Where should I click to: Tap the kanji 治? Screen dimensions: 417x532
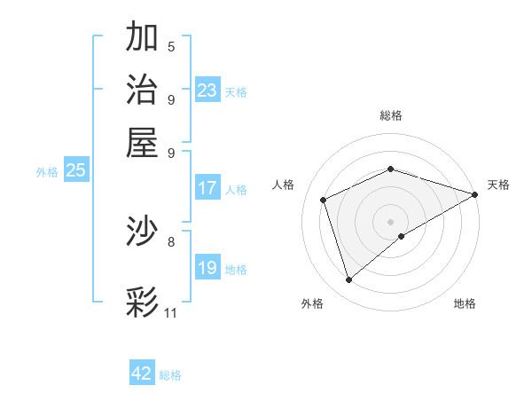click(143, 90)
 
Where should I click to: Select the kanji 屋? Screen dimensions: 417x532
click(143, 142)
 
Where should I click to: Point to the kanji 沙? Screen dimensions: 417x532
click(143, 232)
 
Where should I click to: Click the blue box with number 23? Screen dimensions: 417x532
click(207, 90)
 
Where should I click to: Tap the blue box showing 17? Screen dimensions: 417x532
click(207, 188)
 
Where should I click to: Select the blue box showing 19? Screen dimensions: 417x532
click(207, 268)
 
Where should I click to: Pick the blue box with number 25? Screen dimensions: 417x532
click(75, 171)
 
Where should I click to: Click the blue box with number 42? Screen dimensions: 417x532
click(142, 374)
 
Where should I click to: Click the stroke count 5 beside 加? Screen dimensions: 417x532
click(171, 47)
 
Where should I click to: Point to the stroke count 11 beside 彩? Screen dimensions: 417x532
click(171, 313)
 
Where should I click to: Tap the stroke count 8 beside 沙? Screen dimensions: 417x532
click(171, 240)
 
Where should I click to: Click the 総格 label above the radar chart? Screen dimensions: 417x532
click(390, 115)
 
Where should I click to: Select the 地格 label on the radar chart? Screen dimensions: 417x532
click(465, 304)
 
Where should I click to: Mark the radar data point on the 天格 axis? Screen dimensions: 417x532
click(475, 194)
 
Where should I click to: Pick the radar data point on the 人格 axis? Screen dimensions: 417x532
click(324, 200)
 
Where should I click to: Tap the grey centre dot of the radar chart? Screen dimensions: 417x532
click(390, 222)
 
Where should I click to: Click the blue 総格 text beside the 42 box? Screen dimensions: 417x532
click(170, 375)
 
